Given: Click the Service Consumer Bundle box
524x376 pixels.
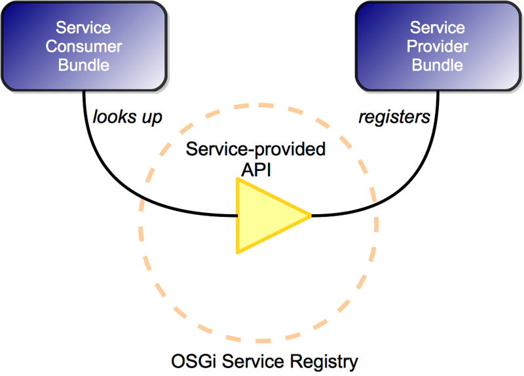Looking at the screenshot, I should coord(83,46).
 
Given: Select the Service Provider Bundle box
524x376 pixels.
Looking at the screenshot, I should coord(438,46).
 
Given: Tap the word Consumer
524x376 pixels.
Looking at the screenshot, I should coord(83,47).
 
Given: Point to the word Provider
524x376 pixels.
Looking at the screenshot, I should coord(438,47).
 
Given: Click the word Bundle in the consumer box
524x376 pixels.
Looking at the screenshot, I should coord(83,65).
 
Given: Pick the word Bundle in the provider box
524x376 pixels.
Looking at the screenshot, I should coord(438,65).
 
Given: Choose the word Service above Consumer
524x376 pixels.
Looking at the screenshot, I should coord(83,28).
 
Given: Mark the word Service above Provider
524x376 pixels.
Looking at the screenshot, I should coord(438,28).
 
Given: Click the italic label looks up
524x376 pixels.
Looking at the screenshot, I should coord(127,117).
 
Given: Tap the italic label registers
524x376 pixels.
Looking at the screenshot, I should coord(394,117).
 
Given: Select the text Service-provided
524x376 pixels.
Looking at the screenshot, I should coord(255,149).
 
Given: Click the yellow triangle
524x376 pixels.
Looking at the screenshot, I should coord(262,215).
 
